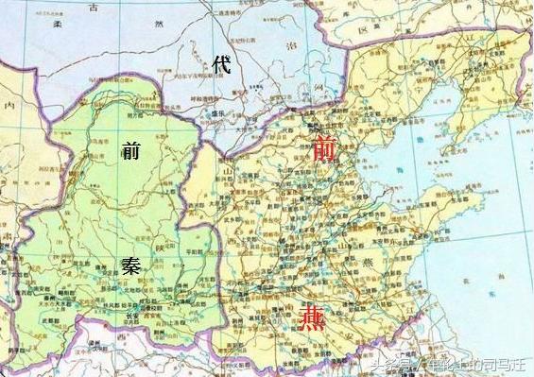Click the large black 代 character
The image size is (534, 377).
click(x=223, y=66)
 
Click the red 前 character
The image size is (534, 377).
click(x=323, y=148)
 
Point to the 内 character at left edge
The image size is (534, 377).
click(x=9, y=106)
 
